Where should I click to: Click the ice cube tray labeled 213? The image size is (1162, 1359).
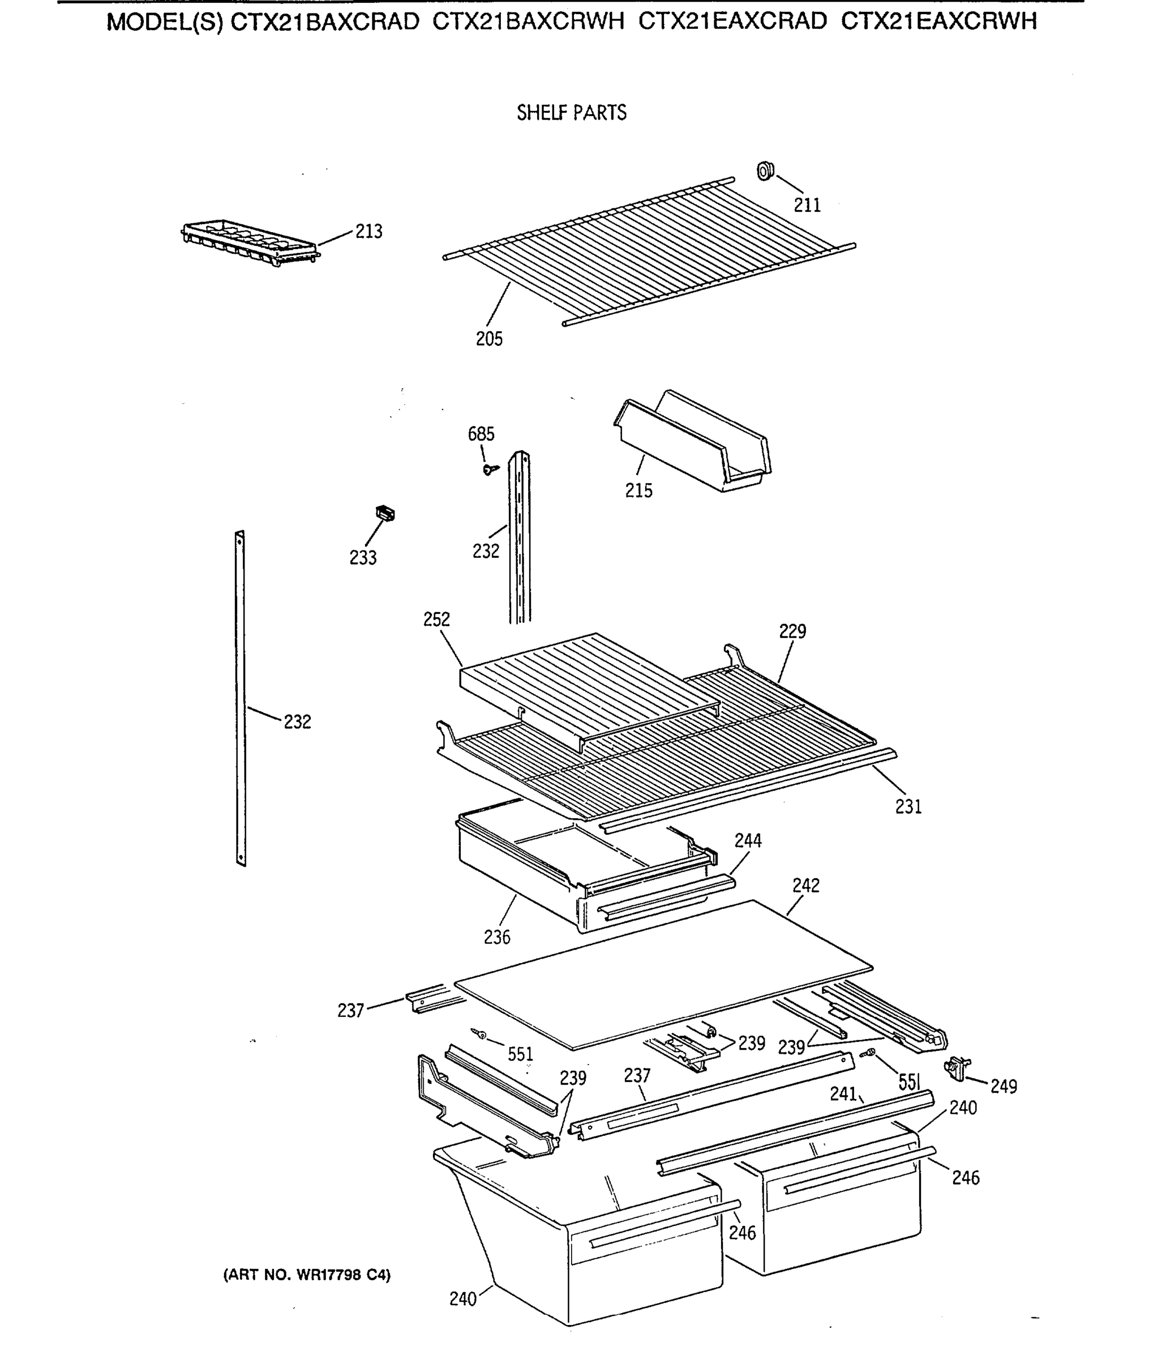pyautogui.click(x=249, y=242)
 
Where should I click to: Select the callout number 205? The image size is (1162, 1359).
pyautogui.click(x=489, y=339)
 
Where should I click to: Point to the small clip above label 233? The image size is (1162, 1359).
pyautogui.click(x=385, y=514)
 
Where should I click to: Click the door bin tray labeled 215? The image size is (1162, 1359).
pyautogui.click(x=692, y=446)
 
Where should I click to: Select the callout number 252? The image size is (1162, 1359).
pyautogui.click(x=437, y=619)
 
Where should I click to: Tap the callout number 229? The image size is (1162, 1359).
pyautogui.click(x=792, y=631)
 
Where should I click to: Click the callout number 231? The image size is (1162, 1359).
pyautogui.click(x=908, y=807)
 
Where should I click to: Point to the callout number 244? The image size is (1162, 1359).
pyautogui.click(x=748, y=840)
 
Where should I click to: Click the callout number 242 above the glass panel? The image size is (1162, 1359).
pyautogui.click(x=805, y=886)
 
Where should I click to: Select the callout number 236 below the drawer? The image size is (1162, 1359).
pyautogui.click(x=496, y=937)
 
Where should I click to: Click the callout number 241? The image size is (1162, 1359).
pyautogui.click(x=843, y=1093)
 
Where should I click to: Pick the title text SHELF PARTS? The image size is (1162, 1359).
pyautogui.click(x=571, y=113)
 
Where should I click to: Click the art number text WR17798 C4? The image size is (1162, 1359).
pyautogui.click(x=307, y=1275)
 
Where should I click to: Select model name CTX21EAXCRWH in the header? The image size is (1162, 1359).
pyautogui.click(x=939, y=22)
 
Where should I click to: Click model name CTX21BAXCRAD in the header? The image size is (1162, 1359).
pyautogui.click(x=324, y=22)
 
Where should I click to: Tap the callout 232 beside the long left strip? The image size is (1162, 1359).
pyautogui.click(x=297, y=721)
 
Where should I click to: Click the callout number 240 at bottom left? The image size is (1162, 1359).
pyautogui.click(x=462, y=1298)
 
